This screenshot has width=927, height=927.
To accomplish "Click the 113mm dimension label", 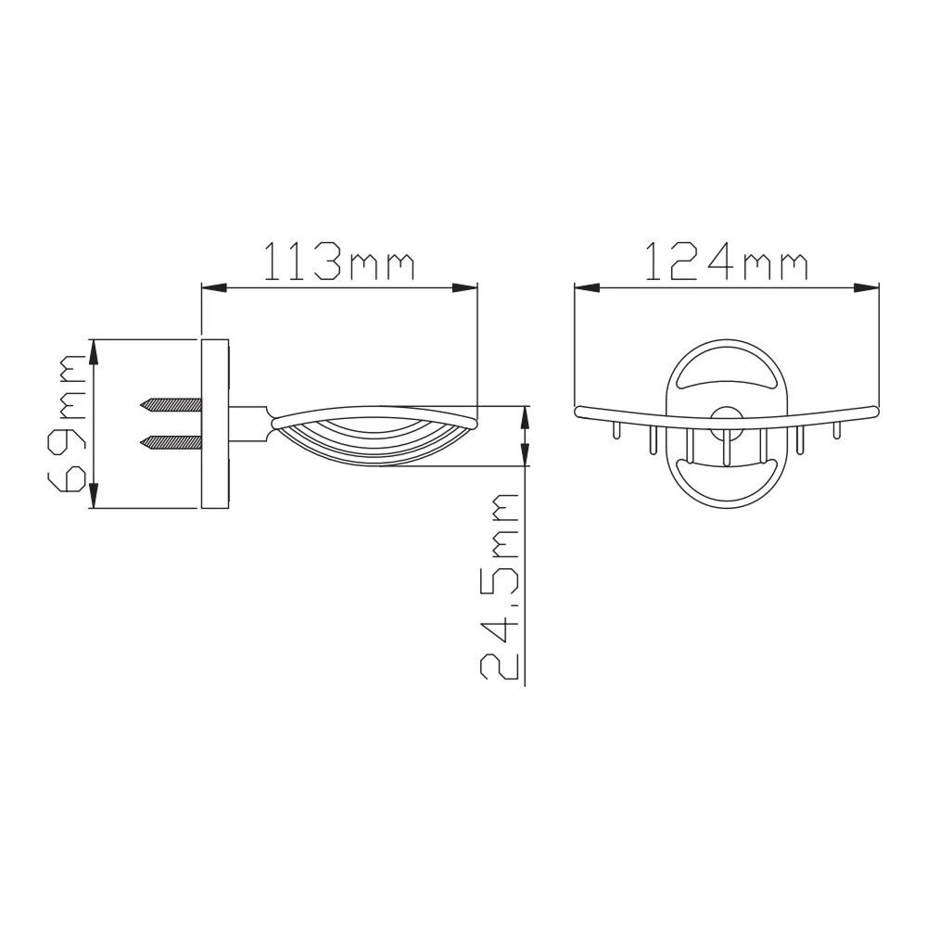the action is (x=337, y=260).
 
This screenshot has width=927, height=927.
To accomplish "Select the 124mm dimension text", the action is (x=726, y=260).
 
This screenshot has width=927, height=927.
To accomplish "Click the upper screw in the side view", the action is (x=171, y=405).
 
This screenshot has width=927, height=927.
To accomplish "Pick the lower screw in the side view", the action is (x=171, y=441).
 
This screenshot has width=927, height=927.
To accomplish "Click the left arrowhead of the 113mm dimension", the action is (x=214, y=288).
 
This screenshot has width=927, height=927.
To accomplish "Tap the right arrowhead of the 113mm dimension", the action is (x=464, y=288).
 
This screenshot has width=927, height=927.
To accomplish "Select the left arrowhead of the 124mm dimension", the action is (x=587, y=288).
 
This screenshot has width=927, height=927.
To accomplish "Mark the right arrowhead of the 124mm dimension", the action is (x=867, y=288).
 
